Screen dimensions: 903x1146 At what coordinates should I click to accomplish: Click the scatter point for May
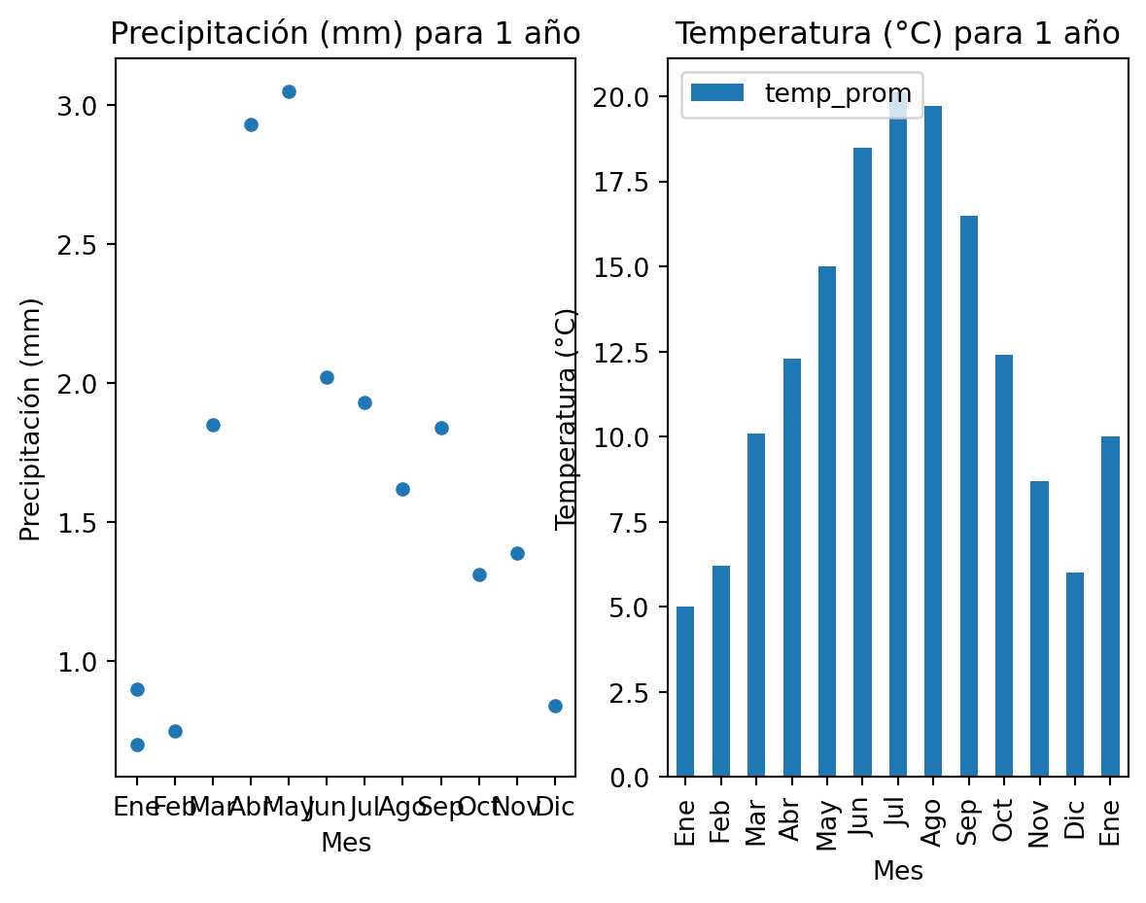click(x=289, y=91)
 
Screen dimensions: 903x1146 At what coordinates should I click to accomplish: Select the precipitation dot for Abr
click(x=251, y=124)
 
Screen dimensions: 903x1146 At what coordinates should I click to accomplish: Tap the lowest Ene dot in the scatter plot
click(x=137, y=745)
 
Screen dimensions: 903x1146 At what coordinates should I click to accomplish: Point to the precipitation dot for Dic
click(x=555, y=706)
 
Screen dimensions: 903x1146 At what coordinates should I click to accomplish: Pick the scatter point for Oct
click(x=479, y=574)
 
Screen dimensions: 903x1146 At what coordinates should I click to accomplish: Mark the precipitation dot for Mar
click(x=213, y=425)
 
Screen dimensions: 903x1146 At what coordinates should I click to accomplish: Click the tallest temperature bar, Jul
click(x=898, y=437)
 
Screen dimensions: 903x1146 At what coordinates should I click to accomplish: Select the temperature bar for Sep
click(x=969, y=496)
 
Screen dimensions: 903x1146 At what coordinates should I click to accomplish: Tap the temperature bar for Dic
click(x=1075, y=675)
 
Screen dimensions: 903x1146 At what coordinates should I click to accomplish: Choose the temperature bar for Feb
click(x=721, y=671)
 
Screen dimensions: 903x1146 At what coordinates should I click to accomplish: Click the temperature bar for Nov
click(x=1040, y=628)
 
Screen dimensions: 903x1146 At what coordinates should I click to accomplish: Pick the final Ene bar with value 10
click(x=1111, y=607)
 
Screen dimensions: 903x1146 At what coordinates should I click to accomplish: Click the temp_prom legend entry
click(x=802, y=93)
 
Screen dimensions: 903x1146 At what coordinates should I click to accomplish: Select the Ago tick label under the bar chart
click(x=933, y=821)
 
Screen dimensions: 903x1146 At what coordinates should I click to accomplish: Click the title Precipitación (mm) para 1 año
click(x=345, y=34)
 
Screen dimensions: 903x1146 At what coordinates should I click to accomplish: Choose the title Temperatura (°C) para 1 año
click(x=897, y=34)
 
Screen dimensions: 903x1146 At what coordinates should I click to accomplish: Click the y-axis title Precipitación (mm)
click(x=31, y=419)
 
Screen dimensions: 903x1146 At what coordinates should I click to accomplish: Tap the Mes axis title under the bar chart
click(x=898, y=871)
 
